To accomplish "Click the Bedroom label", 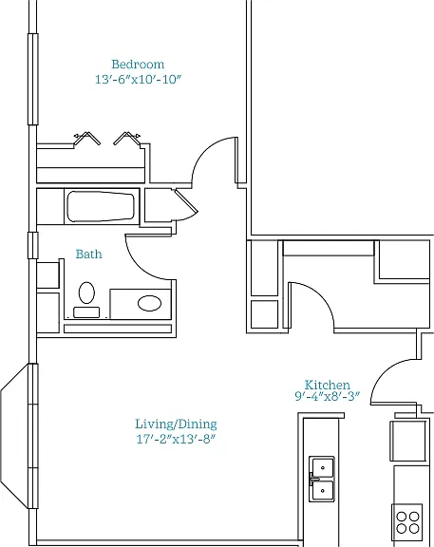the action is click(x=138, y=65).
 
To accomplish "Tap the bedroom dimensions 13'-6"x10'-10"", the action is click(x=139, y=79).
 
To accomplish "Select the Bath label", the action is click(x=89, y=254).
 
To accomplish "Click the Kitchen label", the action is click(x=327, y=385).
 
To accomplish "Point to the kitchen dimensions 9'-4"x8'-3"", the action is click(x=327, y=396).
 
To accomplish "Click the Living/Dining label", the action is click(x=176, y=424).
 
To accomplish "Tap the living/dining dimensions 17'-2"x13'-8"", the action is click(x=175, y=439).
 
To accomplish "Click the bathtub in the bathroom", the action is click(x=101, y=206).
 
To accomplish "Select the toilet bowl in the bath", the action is click(x=86, y=292).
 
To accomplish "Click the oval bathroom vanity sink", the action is click(x=149, y=303).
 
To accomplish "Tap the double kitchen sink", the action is click(x=322, y=479).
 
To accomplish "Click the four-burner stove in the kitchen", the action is click(x=406, y=522).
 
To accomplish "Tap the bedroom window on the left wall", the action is click(x=33, y=79).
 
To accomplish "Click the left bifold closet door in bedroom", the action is click(x=86, y=138).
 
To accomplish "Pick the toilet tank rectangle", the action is click(x=86, y=312).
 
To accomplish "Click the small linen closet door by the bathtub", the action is click(x=186, y=200).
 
